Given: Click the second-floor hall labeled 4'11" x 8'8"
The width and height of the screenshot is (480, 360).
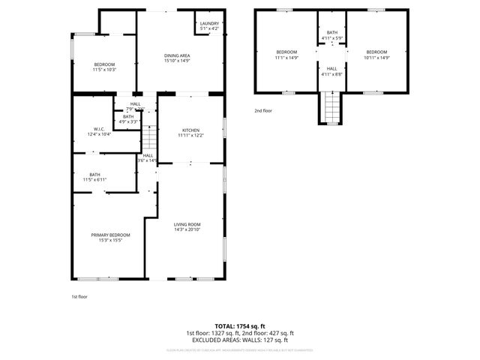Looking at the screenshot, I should [331, 70].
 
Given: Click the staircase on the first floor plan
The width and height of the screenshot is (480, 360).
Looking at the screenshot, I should [150, 138].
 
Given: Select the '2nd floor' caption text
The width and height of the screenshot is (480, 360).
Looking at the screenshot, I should [263, 110].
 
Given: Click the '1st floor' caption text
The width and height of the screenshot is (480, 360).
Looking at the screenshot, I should [79, 296].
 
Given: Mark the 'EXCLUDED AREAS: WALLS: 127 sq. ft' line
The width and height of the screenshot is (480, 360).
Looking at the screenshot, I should [239, 339].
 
